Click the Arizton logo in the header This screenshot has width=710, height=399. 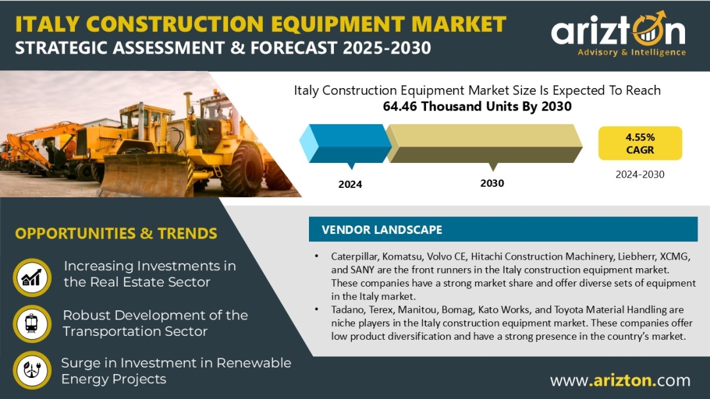pos(618,34)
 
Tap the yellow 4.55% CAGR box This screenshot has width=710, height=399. pos(640,143)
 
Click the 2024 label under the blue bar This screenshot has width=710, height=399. pos(350,184)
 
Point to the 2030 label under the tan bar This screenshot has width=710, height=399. pos(492,183)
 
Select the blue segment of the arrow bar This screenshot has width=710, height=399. pos(346,143)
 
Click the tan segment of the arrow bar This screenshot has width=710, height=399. pos(484,143)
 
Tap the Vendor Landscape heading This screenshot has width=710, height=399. pos(382,229)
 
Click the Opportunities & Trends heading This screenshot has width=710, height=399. pos(116,233)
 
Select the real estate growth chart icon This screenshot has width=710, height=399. pos(32,277)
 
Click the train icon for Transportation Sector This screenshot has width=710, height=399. pos(32,324)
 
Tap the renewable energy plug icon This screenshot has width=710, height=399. pos(32,370)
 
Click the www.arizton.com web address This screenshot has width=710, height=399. pos(621,381)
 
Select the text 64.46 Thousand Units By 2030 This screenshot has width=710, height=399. pos(477,106)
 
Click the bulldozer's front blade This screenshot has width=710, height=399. pos(145,174)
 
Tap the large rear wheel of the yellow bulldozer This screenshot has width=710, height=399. pos(241,168)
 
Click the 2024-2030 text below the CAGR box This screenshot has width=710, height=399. pos(640,174)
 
